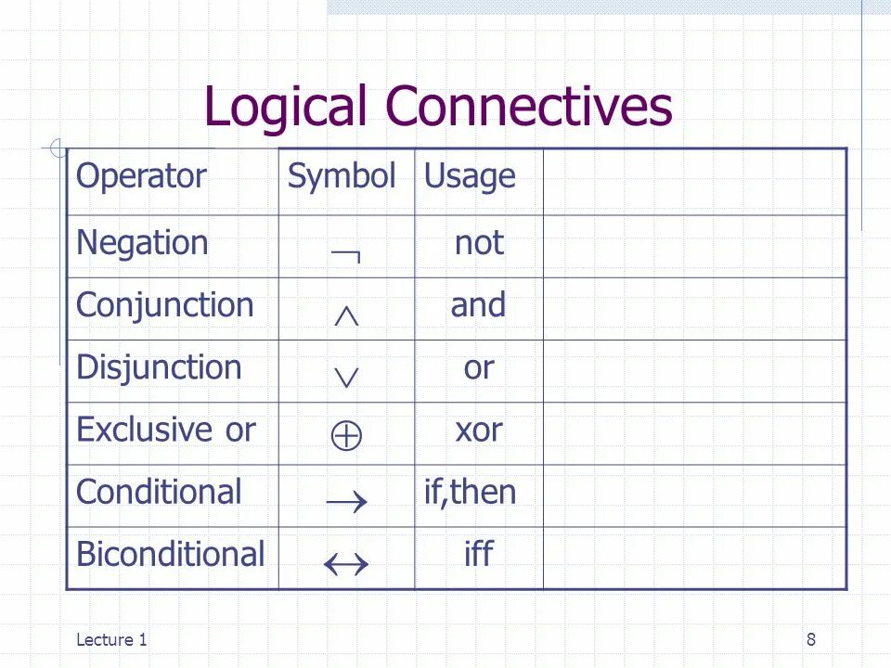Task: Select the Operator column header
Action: click(141, 175)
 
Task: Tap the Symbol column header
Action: click(342, 175)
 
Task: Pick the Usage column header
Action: click(470, 176)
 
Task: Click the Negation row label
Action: click(142, 243)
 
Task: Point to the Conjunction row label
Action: click(164, 305)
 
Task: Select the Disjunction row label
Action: click(159, 367)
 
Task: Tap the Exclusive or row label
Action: click(165, 430)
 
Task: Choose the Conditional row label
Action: click(159, 492)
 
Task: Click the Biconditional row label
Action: click(170, 554)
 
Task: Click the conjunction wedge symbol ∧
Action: click(346, 315)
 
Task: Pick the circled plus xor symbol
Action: click(346, 436)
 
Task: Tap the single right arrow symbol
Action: click(346, 502)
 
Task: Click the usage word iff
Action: click(478, 554)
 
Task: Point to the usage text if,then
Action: click(470, 492)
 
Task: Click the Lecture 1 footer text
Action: click(111, 638)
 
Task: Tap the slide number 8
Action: click(811, 638)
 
